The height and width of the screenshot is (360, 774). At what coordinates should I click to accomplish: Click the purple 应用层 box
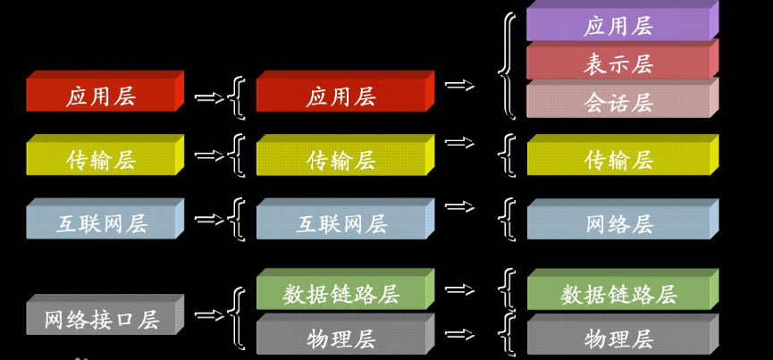point(618,25)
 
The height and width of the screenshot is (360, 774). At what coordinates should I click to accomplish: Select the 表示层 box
point(618,63)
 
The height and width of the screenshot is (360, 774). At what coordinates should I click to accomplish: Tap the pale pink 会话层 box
point(618,102)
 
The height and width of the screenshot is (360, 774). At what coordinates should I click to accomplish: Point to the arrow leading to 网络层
point(459,206)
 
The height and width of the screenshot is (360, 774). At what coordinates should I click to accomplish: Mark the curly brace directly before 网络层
point(509,220)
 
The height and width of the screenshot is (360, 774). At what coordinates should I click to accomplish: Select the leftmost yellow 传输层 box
point(102,159)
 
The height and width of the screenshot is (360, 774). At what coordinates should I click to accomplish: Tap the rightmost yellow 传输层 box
point(618,159)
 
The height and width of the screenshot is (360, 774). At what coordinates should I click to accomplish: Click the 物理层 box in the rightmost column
point(618,339)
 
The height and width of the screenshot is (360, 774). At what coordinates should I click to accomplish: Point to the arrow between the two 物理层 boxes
point(459,334)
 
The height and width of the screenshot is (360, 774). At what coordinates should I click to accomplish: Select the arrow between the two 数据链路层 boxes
point(459,289)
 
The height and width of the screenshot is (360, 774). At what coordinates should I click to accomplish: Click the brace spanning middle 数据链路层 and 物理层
point(238,318)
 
